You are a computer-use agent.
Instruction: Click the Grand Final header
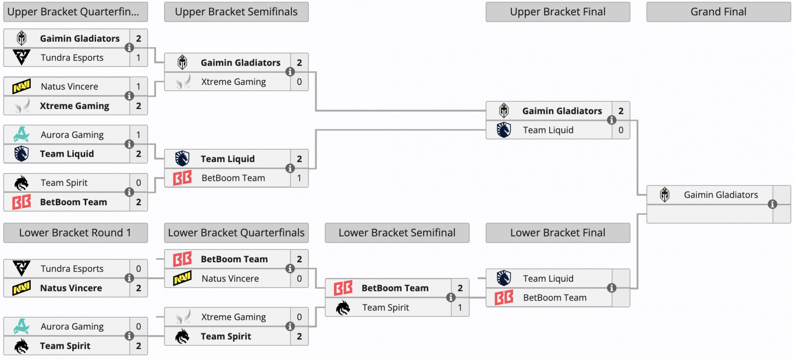point(718,12)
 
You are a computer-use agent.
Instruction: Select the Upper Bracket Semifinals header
point(236,12)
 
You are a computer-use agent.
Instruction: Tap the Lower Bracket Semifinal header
point(397,233)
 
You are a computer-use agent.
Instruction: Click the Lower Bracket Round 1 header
point(75,233)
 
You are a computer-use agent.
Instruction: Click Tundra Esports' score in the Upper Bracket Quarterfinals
point(138,58)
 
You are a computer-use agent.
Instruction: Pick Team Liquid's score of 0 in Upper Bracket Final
point(621,130)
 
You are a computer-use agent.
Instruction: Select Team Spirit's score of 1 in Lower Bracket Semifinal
point(460,307)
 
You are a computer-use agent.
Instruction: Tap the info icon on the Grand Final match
point(773,204)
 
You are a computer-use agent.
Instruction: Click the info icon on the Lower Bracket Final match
point(612,288)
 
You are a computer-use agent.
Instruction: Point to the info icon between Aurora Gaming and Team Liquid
point(129,144)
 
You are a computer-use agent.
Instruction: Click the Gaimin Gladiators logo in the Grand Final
point(665,194)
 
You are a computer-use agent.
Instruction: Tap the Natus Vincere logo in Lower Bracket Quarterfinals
point(182,278)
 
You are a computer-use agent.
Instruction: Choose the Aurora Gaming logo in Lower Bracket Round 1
point(22,326)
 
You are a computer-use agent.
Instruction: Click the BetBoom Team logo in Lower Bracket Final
point(504,298)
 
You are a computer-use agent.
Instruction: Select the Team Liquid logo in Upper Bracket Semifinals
point(182,158)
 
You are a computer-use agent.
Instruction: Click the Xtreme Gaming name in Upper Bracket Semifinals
point(233,82)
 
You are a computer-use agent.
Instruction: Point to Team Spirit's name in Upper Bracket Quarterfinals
point(64,183)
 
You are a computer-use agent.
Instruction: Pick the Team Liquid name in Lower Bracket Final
point(548,279)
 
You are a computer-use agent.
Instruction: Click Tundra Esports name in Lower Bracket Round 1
point(72,269)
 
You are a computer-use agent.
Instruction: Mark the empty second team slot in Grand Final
point(710,214)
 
